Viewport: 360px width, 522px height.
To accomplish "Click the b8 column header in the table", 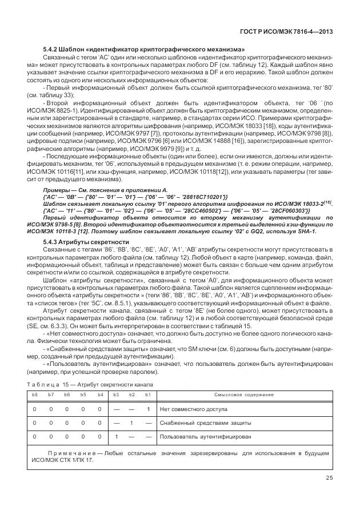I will pos(34,395).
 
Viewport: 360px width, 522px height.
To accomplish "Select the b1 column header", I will pos(148,395).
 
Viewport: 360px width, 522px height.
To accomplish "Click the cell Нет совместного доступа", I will pos(194,409).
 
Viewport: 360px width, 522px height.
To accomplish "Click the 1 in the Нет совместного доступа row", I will pos(148,409).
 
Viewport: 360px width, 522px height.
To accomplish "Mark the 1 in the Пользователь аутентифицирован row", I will pos(116,437).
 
